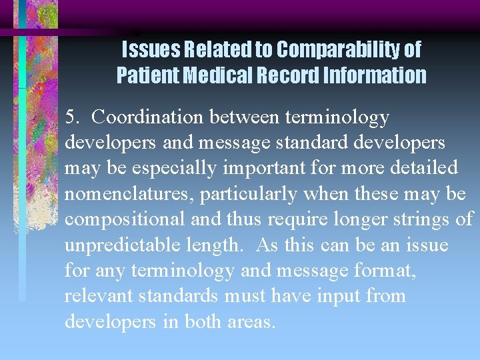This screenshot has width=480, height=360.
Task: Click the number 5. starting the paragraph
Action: click(x=73, y=117)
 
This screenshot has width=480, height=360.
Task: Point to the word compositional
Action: click(x=119, y=219)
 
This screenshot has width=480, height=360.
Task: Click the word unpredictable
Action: click(x=118, y=245)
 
